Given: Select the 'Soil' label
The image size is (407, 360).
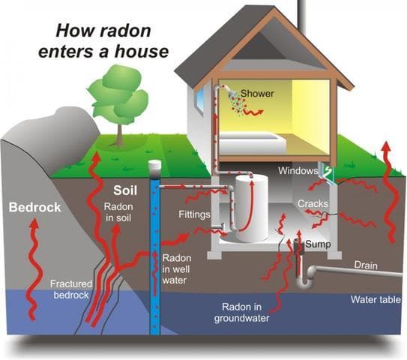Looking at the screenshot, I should (124, 189).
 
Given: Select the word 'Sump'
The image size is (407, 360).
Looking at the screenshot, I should (317, 244).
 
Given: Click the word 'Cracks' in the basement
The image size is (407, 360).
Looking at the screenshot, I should (312, 204).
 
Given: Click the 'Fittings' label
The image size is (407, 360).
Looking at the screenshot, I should (194, 214).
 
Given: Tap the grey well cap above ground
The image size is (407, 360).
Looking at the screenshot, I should (155, 166).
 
